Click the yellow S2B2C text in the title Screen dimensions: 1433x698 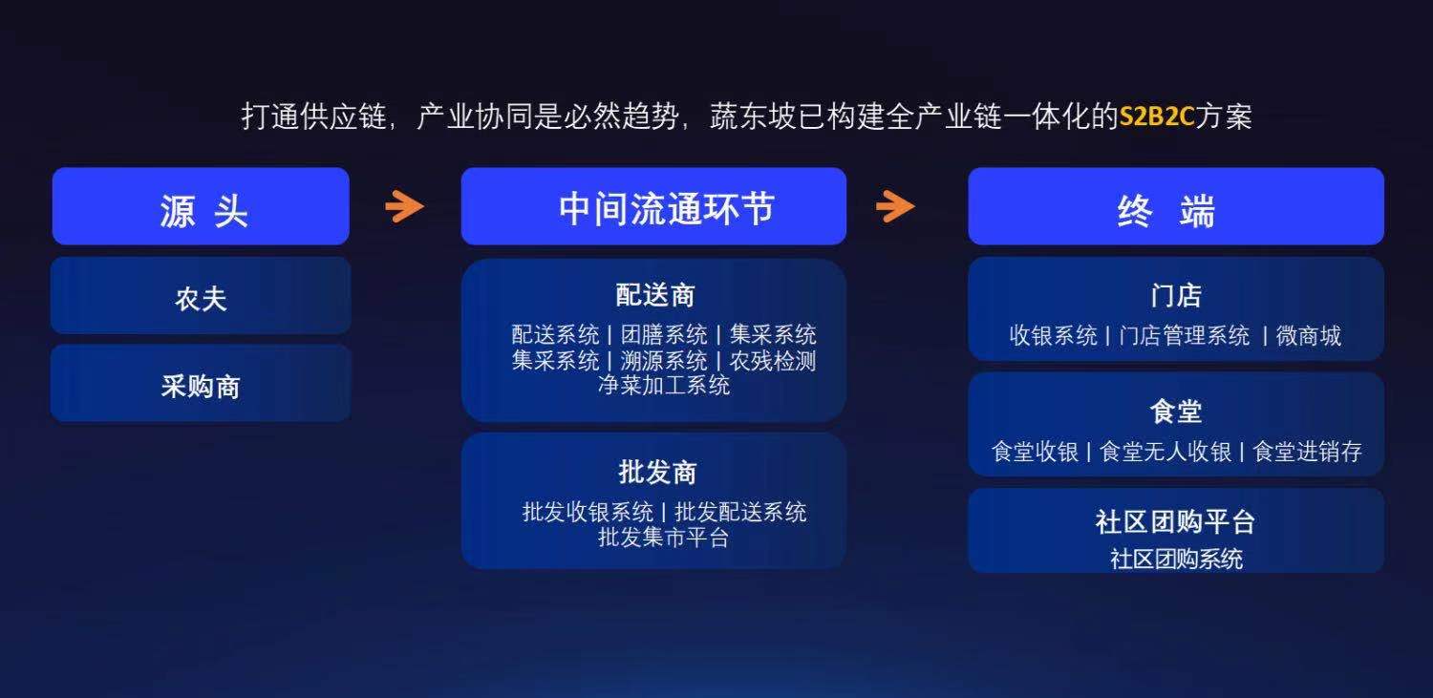click(x=1156, y=116)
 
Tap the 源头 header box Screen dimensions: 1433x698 click(x=201, y=206)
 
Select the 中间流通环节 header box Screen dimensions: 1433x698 click(x=653, y=206)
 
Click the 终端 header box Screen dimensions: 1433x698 click(x=1176, y=206)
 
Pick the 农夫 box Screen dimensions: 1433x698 click(x=201, y=296)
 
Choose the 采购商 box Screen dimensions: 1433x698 click(x=201, y=384)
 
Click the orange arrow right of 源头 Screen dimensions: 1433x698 click(x=404, y=206)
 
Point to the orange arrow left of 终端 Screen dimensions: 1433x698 click(x=895, y=206)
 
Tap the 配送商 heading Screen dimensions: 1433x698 click(x=655, y=295)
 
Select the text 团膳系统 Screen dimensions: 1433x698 click(x=664, y=334)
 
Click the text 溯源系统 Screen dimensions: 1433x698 click(x=664, y=361)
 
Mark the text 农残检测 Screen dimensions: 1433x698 click(x=773, y=361)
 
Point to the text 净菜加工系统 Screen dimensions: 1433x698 click(x=664, y=385)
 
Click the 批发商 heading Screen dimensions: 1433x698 click(x=657, y=473)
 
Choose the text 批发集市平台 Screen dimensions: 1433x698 click(x=663, y=537)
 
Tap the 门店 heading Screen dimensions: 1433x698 click(x=1176, y=296)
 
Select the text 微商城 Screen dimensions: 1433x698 click(x=1308, y=335)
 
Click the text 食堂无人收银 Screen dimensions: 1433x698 click(x=1166, y=452)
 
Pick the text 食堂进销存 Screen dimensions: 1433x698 click(x=1308, y=452)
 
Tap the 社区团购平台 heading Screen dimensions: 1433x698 click(x=1175, y=521)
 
